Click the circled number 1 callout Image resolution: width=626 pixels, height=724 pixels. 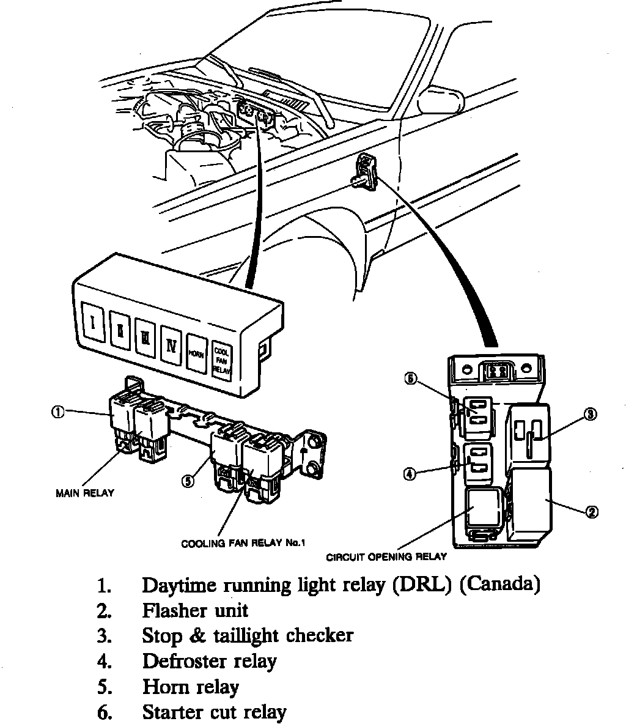tap(57, 413)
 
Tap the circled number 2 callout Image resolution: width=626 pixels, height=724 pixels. tap(591, 512)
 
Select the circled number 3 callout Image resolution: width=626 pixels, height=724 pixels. tap(589, 414)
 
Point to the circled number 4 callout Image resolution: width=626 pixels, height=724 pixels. tap(410, 473)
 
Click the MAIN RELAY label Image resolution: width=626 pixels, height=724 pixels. tap(85, 493)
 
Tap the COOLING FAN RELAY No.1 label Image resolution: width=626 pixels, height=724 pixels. tap(243, 543)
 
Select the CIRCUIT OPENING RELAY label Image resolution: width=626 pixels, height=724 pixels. tap(386, 557)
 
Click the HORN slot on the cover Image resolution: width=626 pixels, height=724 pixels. tap(196, 353)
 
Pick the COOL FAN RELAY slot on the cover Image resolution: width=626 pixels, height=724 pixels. tap(221, 361)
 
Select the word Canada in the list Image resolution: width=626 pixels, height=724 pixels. tap(499, 585)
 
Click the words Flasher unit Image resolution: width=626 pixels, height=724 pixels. tap(195, 610)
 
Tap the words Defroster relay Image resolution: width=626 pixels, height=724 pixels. tap(209, 661)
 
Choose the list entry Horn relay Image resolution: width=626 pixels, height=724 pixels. tap(190, 687)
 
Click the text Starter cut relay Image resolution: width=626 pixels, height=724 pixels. tap(214, 712)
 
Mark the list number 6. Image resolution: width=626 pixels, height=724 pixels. tap(103, 713)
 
